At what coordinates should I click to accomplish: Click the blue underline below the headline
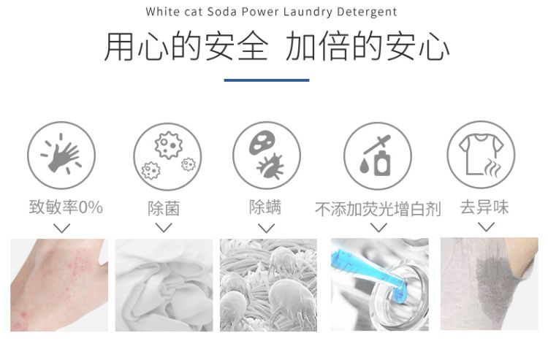pyautogui.click(x=267, y=80)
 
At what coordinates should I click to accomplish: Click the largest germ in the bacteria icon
pyautogui.click(x=169, y=145)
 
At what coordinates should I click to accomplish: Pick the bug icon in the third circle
pyautogui.click(x=270, y=166)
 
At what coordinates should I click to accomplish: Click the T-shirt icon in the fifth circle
pyautogui.click(x=481, y=153)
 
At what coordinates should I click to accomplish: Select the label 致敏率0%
pyautogui.click(x=66, y=207)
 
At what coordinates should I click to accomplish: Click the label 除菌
pyautogui.click(x=164, y=208)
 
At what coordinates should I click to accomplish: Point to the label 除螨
pyautogui.click(x=265, y=207)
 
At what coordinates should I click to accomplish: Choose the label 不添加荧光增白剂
pyautogui.click(x=378, y=209)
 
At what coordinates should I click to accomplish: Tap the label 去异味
pyautogui.click(x=484, y=207)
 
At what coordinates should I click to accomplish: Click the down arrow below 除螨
pyautogui.click(x=266, y=229)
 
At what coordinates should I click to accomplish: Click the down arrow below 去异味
pyautogui.click(x=486, y=227)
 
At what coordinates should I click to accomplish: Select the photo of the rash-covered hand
pyautogui.click(x=59, y=285)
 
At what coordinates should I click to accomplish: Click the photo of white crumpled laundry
pyautogui.click(x=164, y=285)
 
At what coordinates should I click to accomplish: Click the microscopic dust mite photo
pyautogui.click(x=268, y=285)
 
